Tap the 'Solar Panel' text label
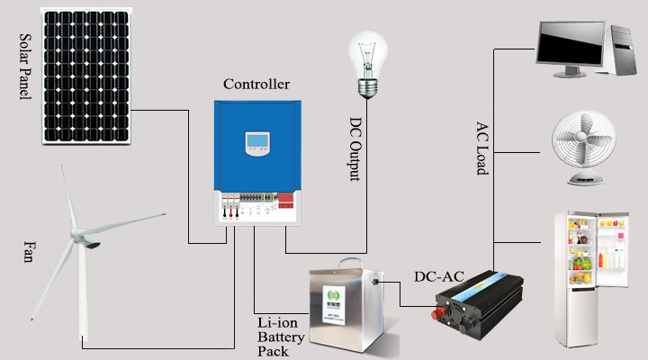coord(24,67)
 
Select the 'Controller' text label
coord(256,85)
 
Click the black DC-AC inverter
coord(477,306)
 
